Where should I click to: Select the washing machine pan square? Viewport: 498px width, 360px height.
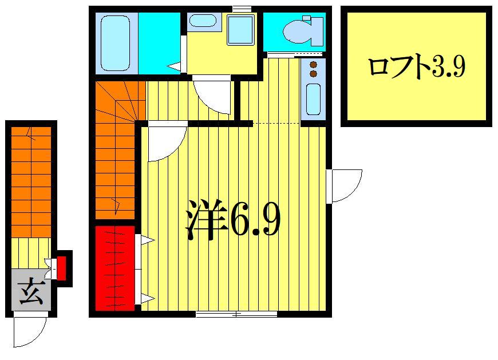240,30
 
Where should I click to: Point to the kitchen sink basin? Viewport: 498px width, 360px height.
313,99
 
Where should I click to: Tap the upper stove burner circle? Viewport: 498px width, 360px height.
313,65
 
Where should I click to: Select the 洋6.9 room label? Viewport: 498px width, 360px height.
232,219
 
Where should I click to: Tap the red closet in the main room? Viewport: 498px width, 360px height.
114,268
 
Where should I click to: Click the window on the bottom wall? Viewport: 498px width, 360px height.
236,314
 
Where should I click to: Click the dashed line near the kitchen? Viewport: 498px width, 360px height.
276,124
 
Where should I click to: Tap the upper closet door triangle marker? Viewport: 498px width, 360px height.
146,241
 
